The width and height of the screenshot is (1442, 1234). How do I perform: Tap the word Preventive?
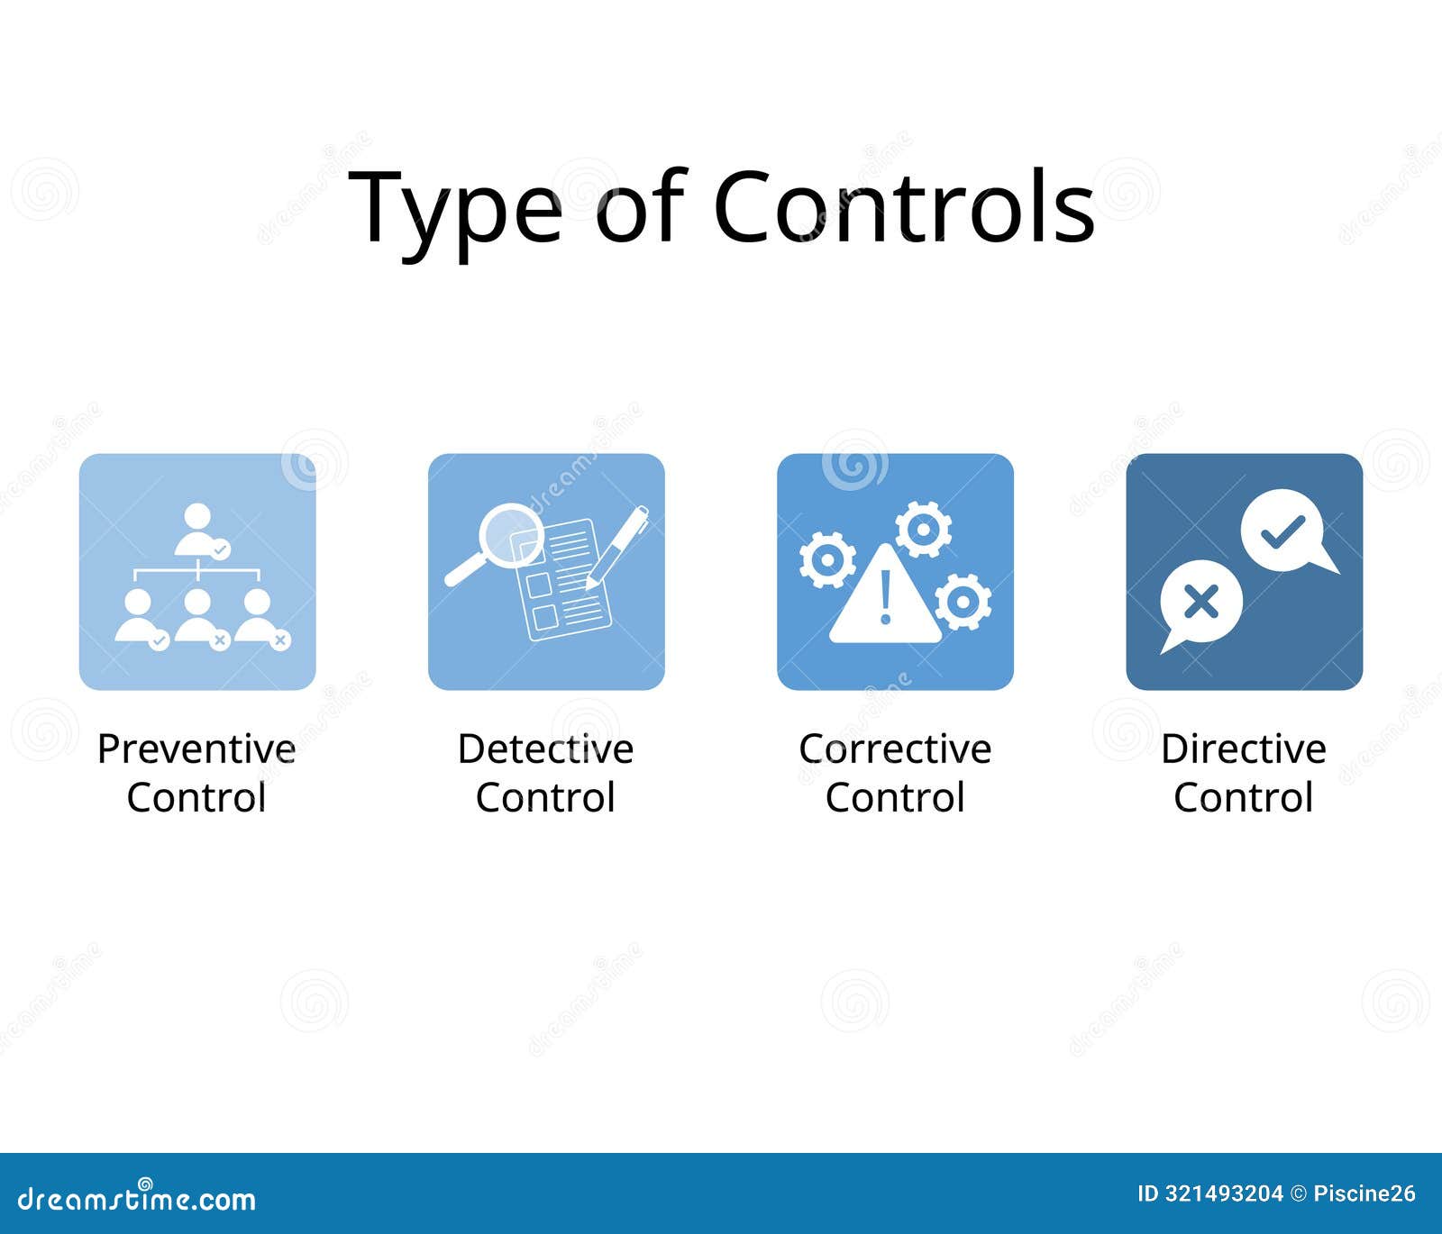pos(196,749)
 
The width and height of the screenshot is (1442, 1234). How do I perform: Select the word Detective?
pos(545,749)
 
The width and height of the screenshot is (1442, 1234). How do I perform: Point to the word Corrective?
pos(895,749)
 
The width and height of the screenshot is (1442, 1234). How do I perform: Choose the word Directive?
pos(1244,749)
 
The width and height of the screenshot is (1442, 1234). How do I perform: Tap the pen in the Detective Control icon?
pos(617,548)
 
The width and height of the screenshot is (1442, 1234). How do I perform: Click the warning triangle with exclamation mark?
pos(885,595)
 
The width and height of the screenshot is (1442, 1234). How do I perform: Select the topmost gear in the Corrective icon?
pos(923,530)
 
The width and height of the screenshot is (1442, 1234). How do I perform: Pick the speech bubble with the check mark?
pos(1287,532)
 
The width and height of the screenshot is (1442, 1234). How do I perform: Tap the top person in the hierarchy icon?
pos(199,531)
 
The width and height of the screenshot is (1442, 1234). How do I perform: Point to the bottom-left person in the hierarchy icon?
pos(141,618)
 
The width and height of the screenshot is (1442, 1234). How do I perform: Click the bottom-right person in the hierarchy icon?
pos(260,618)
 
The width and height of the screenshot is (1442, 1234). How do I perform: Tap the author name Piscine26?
pos(1364,1194)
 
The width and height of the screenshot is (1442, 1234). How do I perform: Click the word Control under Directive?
pos(1244,797)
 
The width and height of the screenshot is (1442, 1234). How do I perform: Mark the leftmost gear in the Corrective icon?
pos(827,559)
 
